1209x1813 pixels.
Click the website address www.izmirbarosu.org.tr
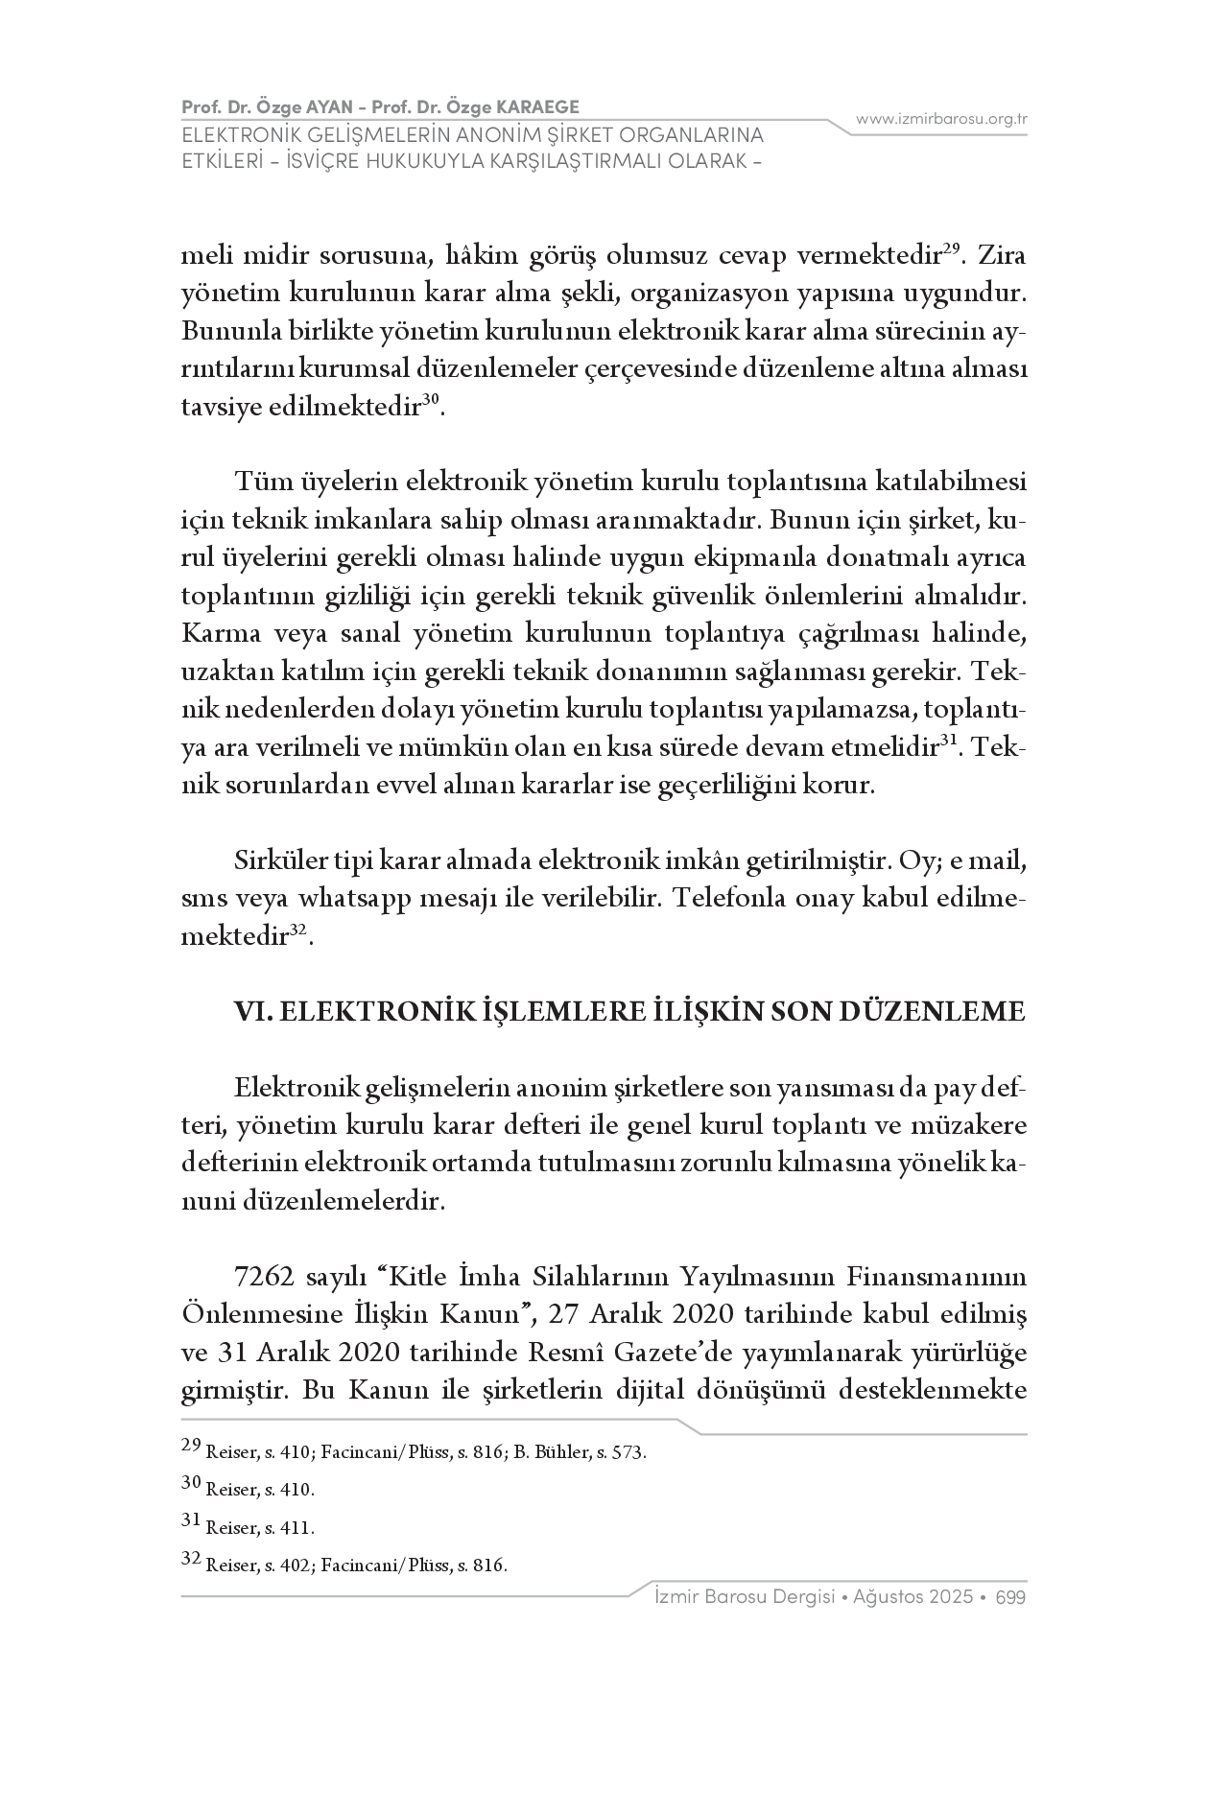click(x=941, y=119)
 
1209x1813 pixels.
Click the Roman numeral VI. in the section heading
click(x=253, y=1012)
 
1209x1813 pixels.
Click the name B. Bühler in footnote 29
click(x=547, y=1452)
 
